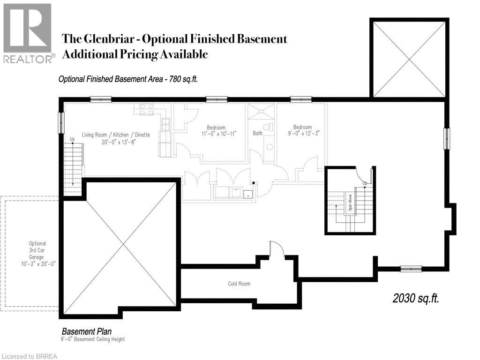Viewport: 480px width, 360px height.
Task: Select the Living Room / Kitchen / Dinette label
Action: point(116,135)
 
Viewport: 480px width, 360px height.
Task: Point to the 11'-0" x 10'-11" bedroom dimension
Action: point(216,134)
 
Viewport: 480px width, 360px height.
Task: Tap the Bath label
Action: point(258,134)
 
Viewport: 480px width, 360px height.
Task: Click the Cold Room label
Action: point(239,284)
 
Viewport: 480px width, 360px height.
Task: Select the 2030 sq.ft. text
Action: point(416,299)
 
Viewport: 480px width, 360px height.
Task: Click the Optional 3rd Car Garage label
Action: point(37,254)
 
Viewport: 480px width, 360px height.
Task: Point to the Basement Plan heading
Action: point(87,332)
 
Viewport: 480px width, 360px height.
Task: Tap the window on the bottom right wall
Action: point(411,269)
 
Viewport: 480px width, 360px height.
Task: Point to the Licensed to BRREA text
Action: point(29,356)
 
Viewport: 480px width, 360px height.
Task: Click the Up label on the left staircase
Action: point(72,139)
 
